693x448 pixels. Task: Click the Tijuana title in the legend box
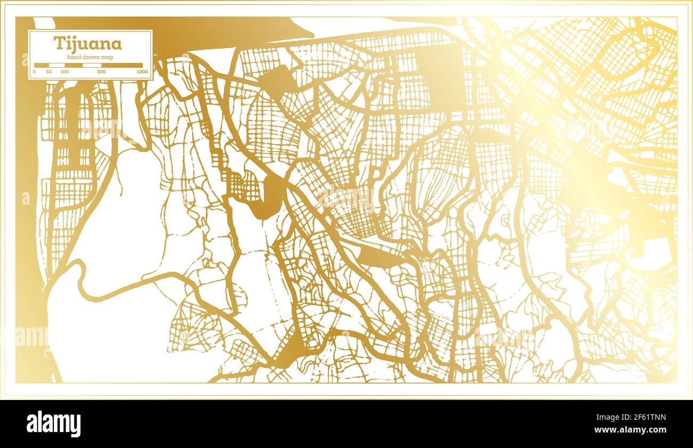87,44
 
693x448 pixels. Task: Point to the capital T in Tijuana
57,44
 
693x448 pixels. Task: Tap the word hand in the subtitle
74,57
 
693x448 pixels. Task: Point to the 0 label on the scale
35,71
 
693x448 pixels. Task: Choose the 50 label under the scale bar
49,71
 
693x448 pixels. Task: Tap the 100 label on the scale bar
65,71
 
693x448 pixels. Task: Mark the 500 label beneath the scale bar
101,71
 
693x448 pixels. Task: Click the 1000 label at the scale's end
142,71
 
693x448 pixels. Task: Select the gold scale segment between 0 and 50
42,65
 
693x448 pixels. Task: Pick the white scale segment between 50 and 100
57,65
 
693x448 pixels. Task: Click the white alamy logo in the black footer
54,423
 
